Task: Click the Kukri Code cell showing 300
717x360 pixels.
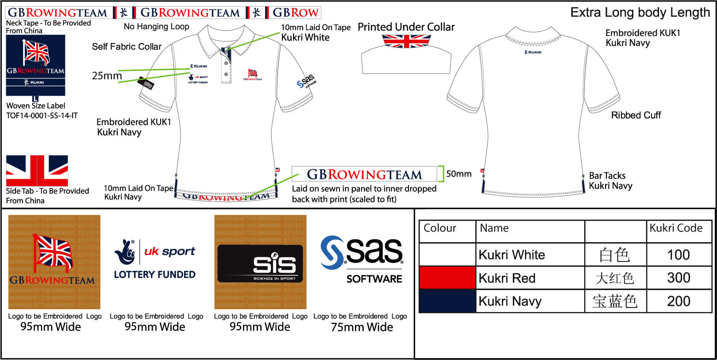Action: [x=678, y=278]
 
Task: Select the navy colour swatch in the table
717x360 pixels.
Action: [x=447, y=301]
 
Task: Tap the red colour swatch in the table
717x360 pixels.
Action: [x=447, y=278]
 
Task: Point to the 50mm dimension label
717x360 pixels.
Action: [x=459, y=174]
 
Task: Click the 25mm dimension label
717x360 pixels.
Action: [x=107, y=76]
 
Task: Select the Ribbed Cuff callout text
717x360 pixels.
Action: [x=636, y=115]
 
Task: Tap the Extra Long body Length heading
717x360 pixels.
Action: [x=640, y=12]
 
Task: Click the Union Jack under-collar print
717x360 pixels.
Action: [x=406, y=41]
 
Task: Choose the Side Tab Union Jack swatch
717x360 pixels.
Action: [x=37, y=170]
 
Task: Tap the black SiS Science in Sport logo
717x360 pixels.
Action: [x=260, y=264]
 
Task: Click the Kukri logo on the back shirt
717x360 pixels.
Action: [x=533, y=52]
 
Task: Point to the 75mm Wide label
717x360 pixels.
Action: [x=362, y=327]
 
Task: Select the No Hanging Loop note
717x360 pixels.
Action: [x=156, y=27]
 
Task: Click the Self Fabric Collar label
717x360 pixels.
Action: [x=127, y=46]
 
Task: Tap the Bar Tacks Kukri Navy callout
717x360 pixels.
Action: [x=610, y=181]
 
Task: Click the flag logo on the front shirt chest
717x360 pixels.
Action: [x=253, y=74]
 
